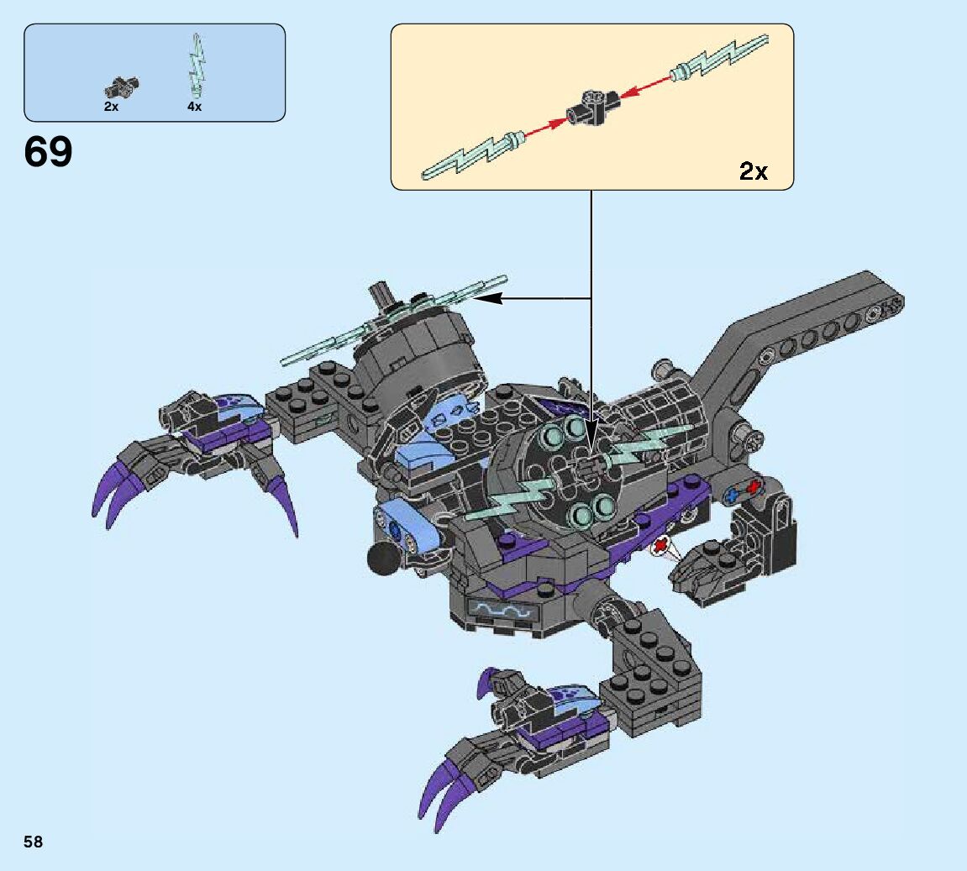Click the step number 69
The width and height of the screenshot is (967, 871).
pyautogui.click(x=49, y=153)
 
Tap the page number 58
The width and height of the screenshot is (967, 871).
pyautogui.click(x=34, y=842)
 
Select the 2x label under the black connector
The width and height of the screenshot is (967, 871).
pyautogui.click(x=111, y=107)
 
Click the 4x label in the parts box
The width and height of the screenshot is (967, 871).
pyautogui.click(x=194, y=107)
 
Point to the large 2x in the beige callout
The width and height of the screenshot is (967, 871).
pyautogui.click(x=753, y=171)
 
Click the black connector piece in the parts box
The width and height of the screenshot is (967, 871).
pyautogui.click(x=122, y=85)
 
